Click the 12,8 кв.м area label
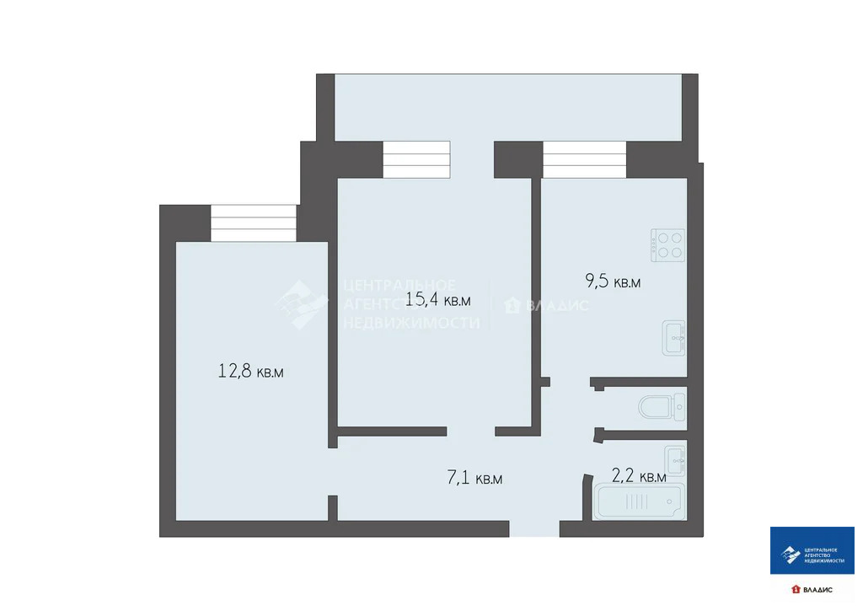coord(250,371)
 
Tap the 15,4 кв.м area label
coord(437,299)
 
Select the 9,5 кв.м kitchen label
coord(613,282)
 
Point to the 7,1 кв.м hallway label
coord(474,479)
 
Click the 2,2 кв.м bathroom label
coord(638,477)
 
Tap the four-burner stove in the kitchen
coord(667,244)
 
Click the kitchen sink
coord(674,338)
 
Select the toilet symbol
coord(662,409)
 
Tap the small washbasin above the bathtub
coord(675,459)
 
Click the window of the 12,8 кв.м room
coord(254,223)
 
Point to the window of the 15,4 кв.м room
coord(416,160)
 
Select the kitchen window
coord(584,160)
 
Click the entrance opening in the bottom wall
coord(533,528)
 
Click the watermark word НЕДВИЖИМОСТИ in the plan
coord(411,323)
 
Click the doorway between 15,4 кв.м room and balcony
coord(472,160)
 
